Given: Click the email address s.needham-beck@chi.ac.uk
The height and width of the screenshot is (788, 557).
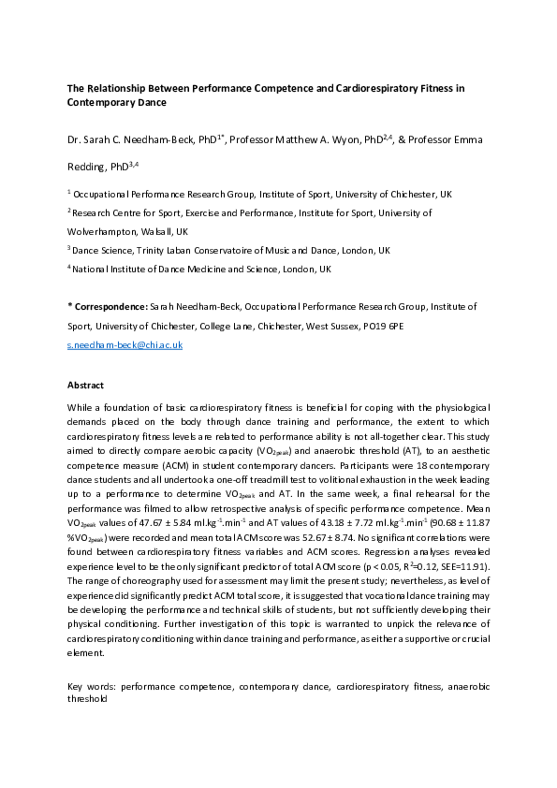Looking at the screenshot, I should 125,345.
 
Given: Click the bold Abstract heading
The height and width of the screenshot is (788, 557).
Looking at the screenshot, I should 86,386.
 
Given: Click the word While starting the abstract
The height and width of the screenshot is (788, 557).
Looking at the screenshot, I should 81,409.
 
